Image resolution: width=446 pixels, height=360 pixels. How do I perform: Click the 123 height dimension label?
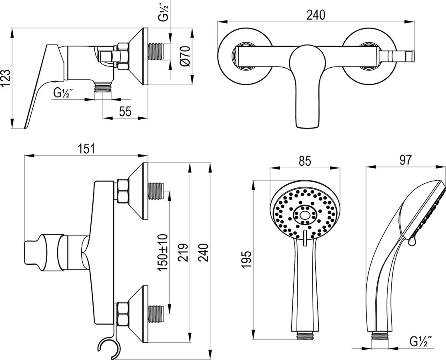(6, 77)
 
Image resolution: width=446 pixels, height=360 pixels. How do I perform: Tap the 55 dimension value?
(125, 112)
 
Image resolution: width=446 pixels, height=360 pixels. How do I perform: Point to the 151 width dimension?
(86, 149)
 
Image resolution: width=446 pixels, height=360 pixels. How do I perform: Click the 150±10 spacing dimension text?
(163, 252)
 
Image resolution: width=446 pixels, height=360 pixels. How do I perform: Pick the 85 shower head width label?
(305, 161)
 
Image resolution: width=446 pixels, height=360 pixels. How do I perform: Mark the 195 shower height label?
(247, 259)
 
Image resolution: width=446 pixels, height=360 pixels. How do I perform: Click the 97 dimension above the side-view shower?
(405, 161)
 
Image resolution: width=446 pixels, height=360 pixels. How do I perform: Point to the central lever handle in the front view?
(307, 85)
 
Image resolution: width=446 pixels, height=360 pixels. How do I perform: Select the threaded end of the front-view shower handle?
(305, 335)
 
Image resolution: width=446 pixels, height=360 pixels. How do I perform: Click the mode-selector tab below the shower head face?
(305, 238)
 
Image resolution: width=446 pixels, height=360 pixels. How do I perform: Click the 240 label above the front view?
(316, 15)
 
